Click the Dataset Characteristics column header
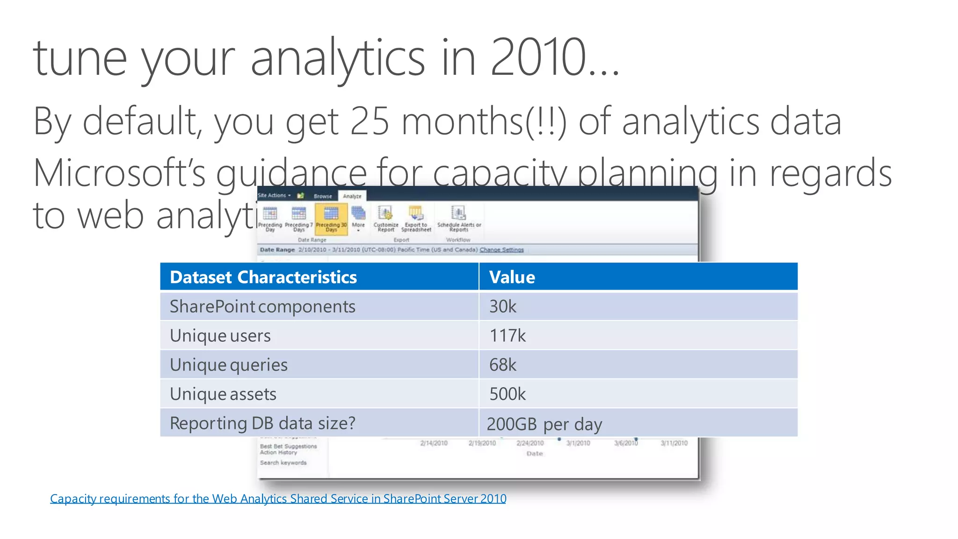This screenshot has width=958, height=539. point(263,277)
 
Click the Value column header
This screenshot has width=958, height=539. point(512,277)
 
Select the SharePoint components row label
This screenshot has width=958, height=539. point(262,306)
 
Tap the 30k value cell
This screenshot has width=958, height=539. point(502,306)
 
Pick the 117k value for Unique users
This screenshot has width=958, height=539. point(508,335)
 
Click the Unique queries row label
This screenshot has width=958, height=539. point(228,365)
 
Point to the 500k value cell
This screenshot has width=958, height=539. point(508,394)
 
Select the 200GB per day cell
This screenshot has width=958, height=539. point(544,424)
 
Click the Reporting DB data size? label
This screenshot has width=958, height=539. point(262,423)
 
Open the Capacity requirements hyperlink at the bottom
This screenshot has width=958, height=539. point(278,499)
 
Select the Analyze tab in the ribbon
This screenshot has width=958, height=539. point(352,196)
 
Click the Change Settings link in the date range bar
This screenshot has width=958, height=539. point(501,250)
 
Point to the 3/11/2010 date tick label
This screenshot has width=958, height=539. point(674,443)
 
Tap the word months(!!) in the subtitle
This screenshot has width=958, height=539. point(484,121)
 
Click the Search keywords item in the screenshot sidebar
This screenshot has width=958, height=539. point(283,463)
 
